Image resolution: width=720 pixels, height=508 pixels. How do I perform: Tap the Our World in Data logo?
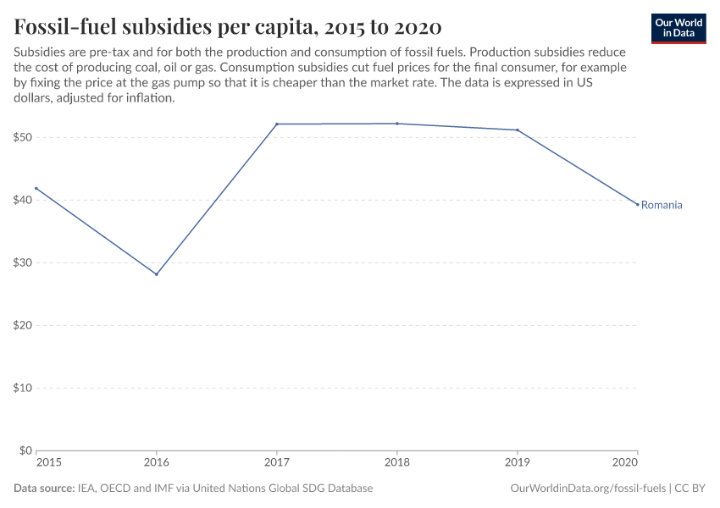pos(678,28)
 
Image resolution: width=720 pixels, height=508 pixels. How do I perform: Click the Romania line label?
pos(662,205)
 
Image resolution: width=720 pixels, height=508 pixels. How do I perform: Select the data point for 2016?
pos(157,274)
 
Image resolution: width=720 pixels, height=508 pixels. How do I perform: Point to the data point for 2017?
pos(277,124)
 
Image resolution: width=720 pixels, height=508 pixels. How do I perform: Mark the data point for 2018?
pos(397,124)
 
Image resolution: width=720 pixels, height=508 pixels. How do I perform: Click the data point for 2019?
pos(518,130)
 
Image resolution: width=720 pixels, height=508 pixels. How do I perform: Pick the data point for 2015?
pos(36,188)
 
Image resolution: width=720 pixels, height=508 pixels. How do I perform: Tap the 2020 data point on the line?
pos(638,204)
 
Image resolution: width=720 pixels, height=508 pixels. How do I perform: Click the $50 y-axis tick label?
pos(24,137)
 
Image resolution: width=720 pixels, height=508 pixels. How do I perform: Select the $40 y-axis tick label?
pos(24,200)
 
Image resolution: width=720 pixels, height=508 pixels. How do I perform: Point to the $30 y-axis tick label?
pos(24,262)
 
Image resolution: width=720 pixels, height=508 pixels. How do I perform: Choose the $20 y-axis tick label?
pos(24,325)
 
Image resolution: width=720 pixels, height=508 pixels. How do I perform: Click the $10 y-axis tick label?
pos(24,388)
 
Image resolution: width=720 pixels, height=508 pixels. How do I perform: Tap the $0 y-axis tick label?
pos(26,450)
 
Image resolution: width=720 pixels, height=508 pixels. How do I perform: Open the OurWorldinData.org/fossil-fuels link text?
pos(588,489)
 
